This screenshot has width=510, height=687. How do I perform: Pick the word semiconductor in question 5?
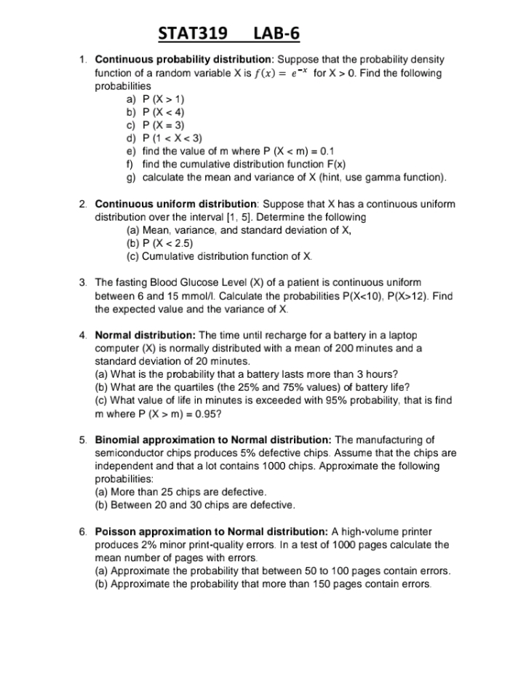point(127,453)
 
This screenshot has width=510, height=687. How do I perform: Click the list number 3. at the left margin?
point(84,282)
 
